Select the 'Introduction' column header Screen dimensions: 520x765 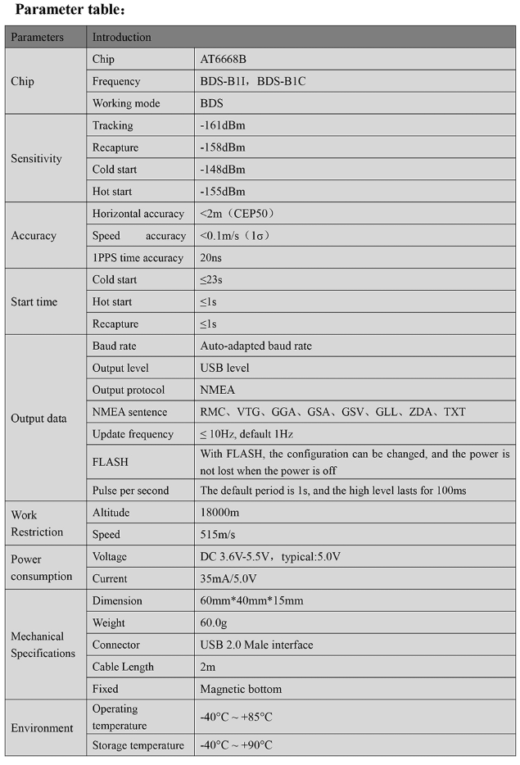(x=121, y=37)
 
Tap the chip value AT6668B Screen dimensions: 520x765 (x=225, y=60)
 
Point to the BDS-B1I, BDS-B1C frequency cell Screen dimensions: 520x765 (x=253, y=82)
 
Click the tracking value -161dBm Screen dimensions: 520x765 (x=223, y=126)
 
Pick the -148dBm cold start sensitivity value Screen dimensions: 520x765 (x=223, y=170)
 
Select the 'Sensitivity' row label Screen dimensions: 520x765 (x=36, y=159)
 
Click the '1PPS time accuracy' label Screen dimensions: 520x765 (x=138, y=258)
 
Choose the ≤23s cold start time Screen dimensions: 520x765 (x=211, y=280)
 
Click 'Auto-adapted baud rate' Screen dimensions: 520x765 (x=255, y=346)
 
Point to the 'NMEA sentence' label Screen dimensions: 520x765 (x=129, y=412)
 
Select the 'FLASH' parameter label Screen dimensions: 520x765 (x=110, y=462)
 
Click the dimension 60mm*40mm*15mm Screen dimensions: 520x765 (x=251, y=600)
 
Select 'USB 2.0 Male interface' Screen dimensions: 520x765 (x=256, y=645)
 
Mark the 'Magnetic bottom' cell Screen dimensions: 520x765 (x=241, y=689)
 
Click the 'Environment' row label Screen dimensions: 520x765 (x=42, y=728)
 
